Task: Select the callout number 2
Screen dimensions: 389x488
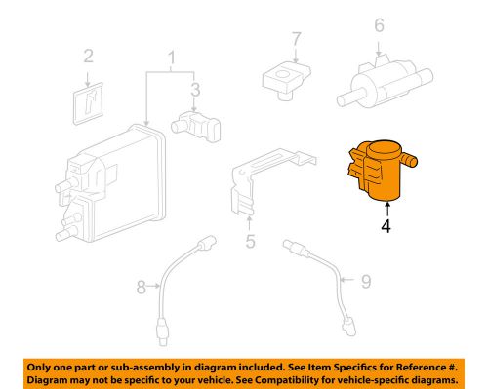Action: pos(87,56)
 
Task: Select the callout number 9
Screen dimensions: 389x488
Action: pos(365,283)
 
